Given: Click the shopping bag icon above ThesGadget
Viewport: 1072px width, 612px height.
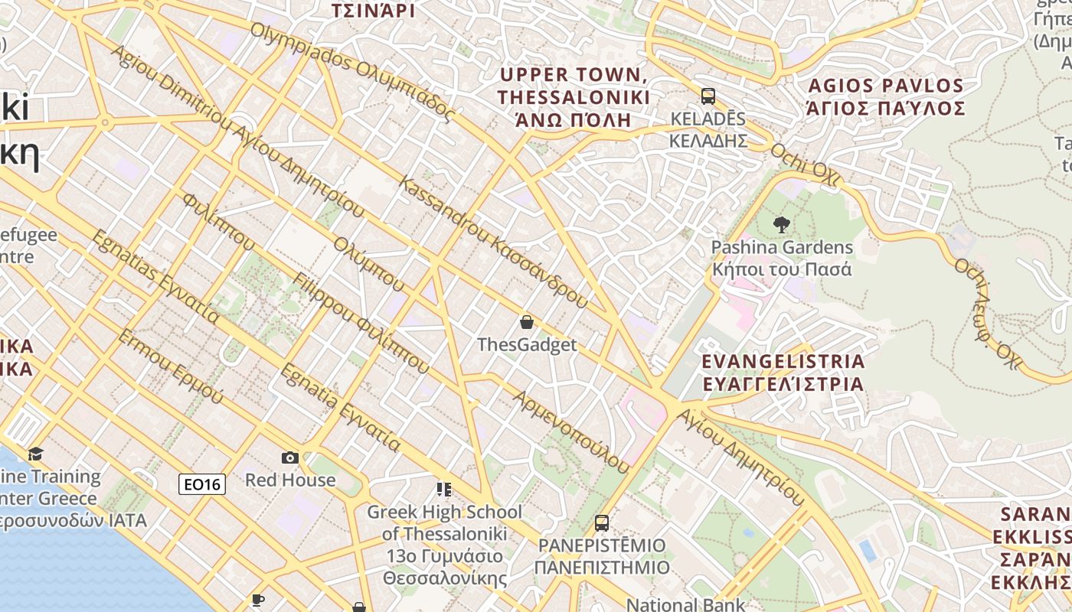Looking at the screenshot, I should tap(526, 322).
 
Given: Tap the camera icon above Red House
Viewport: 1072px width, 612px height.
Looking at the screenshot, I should tap(290, 457).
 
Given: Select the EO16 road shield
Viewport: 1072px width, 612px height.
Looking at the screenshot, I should tap(202, 483).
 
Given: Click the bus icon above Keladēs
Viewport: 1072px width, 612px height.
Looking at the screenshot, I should tap(708, 96).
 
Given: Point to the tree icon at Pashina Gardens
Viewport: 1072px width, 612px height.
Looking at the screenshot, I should tap(781, 225).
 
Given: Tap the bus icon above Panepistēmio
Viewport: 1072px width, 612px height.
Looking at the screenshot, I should tap(602, 523).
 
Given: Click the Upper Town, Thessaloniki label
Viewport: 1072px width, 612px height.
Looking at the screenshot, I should tap(574, 96).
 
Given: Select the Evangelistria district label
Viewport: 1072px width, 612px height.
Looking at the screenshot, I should tap(783, 372).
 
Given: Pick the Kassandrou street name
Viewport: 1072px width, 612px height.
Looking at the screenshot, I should tap(493, 242).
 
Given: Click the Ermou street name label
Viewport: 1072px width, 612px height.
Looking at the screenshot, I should tap(170, 367).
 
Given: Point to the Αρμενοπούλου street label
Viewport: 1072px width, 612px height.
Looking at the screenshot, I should tap(570, 431).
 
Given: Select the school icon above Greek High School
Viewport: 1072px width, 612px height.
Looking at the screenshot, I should tap(443, 489).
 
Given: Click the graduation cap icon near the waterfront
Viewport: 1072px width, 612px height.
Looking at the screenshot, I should tap(35, 454).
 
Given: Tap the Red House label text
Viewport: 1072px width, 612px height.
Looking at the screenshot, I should tap(290, 480).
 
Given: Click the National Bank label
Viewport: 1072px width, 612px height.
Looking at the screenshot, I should tap(685, 604).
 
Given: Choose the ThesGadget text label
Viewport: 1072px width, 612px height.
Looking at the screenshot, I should tap(527, 344).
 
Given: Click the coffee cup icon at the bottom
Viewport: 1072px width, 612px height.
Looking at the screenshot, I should tap(257, 601).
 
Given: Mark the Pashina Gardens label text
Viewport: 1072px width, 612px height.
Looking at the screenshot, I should tap(782, 258).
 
